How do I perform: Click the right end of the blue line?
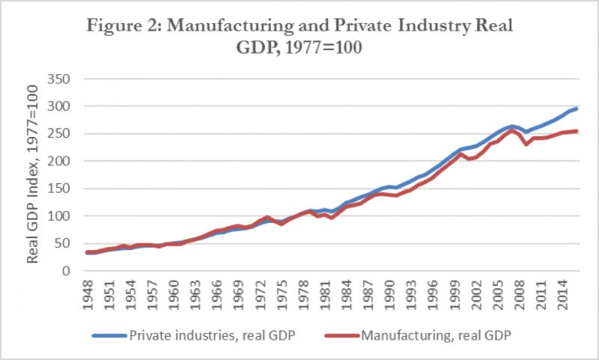pos(577,109)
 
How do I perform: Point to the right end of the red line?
pos(577,131)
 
